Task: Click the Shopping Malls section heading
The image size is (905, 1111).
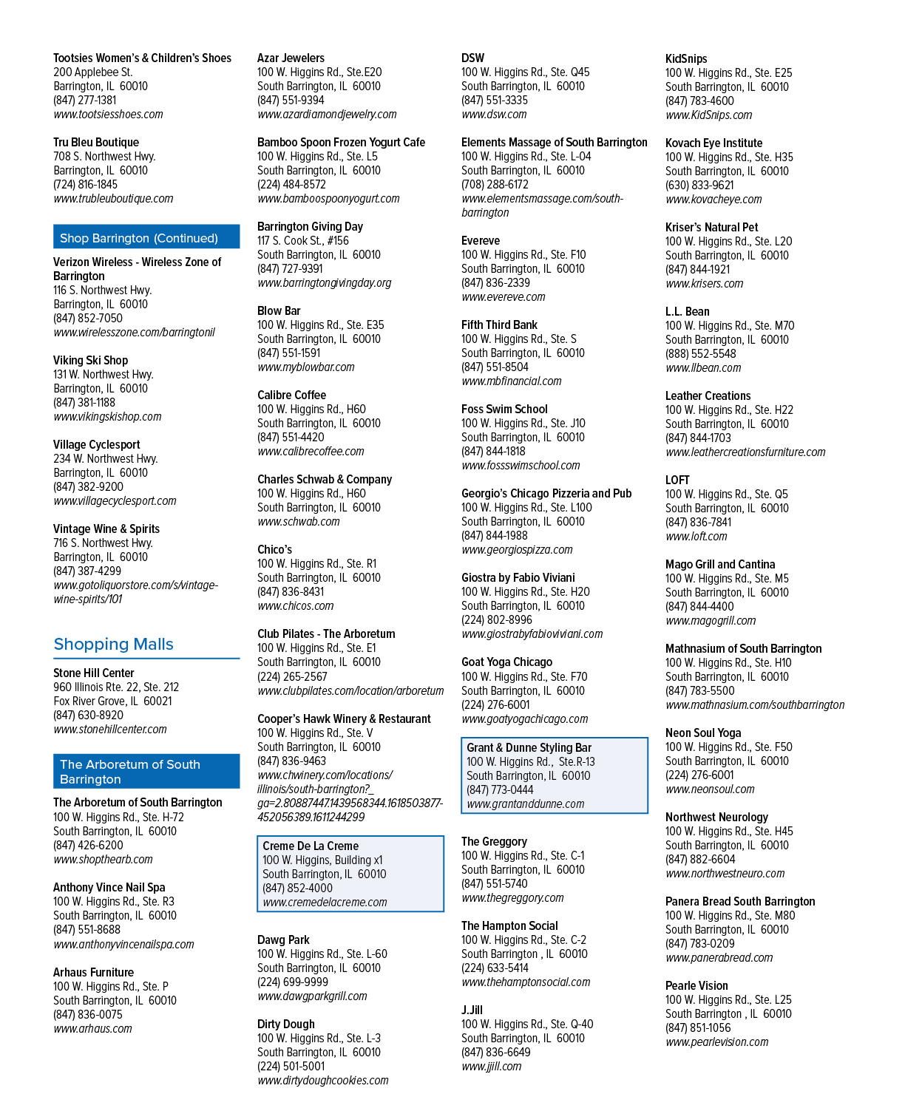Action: pos(113,644)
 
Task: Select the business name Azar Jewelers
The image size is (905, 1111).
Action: pos(291,58)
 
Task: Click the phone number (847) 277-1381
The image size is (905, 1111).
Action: pos(84,100)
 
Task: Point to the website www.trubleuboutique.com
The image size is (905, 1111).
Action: pos(113,199)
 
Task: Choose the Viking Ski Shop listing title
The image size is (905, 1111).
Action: pos(90,361)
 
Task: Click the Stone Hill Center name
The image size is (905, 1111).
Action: pos(93,673)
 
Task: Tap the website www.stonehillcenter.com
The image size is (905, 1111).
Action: pos(110,729)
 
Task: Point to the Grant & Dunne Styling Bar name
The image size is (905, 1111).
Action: pos(529,747)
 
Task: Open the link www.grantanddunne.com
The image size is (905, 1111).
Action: pos(525,803)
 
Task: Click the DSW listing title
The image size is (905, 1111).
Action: pos(472,58)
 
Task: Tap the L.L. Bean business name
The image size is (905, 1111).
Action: pos(687,311)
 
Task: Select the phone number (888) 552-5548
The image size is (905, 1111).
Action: pos(700,353)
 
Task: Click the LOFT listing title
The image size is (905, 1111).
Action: pos(677,480)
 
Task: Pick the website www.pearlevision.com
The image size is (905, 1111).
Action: pos(716,1042)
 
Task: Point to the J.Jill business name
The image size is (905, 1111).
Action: pos(472,1010)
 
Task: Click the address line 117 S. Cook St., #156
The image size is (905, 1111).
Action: pos(302,240)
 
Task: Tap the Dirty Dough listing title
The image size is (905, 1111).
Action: pos(286,1024)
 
